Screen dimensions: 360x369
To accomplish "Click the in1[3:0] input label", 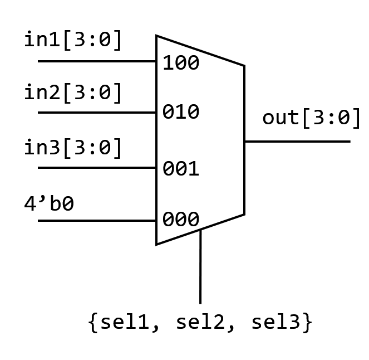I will click(x=73, y=40).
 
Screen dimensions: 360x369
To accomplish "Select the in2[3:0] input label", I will click(x=73, y=93).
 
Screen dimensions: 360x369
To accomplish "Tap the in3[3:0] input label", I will click(x=73, y=148).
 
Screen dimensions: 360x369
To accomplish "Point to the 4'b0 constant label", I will click(x=49, y=203).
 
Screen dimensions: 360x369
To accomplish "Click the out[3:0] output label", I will click(x=312, y=118).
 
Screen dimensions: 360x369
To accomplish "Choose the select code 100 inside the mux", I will click(x=181, y=63).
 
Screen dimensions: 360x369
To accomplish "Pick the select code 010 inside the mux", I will click(x=181, y=112).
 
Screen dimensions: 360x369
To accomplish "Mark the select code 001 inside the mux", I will click(x=181, y=168).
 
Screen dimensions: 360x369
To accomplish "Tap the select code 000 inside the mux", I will click(x=181, y=220).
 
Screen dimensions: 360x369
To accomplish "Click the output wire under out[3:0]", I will click(x=297, y=142).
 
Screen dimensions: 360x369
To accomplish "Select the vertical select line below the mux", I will click(x=200, y=267).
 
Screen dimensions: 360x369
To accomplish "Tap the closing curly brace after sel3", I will click(x=307, y=323).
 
